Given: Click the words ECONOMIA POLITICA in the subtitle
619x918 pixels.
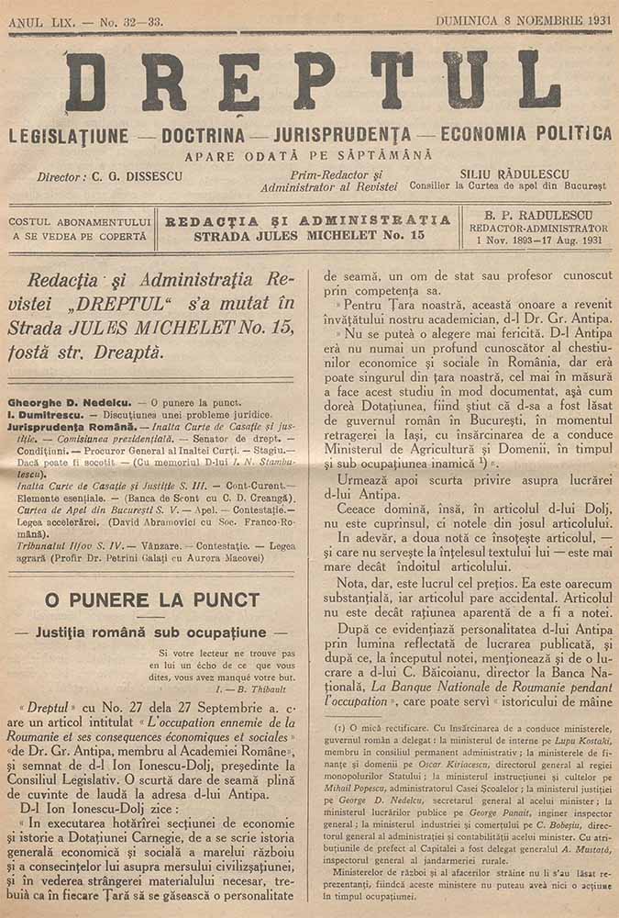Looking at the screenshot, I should pos(526,134).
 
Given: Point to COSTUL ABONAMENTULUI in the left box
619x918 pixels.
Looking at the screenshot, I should pos(79,221).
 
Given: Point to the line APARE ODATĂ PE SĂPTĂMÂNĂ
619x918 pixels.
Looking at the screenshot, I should pos(308,156).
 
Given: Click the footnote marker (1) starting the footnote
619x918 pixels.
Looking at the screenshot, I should pos(340,727).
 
